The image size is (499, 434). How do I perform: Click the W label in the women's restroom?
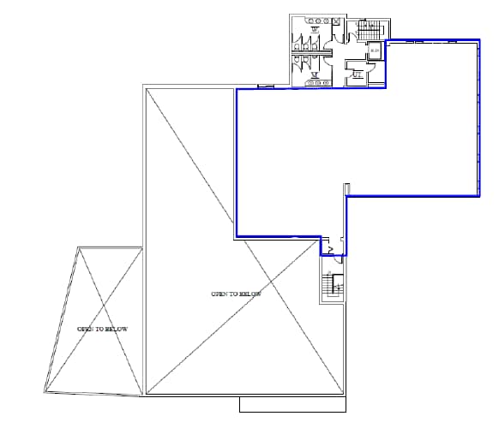click(316, 29)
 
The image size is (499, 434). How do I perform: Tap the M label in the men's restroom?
click(316, 74)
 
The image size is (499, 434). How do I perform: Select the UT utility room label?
click(358, 74)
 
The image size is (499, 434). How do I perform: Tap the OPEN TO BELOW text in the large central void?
click(235, 294)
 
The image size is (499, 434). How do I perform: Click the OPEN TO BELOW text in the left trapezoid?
click(102, 329)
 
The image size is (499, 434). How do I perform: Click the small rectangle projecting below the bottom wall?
click(292, 404)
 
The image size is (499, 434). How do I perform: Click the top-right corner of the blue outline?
click(478, 39)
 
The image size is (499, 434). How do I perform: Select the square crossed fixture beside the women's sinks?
click(336, 21)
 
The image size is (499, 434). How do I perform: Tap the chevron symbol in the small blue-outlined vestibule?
click(330, 249)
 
